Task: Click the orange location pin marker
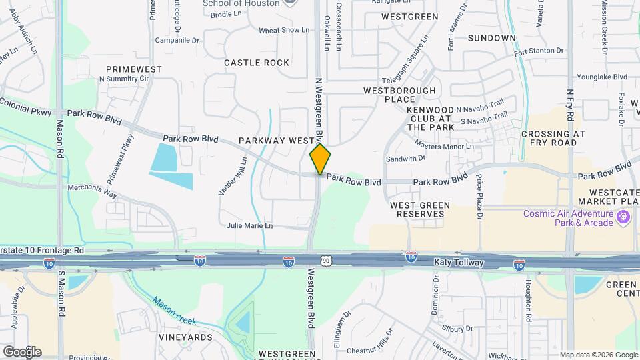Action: [320, 159]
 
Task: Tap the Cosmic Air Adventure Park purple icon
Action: [624, 216]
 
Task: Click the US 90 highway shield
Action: [325, 261]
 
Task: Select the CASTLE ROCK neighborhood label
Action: [257, 63]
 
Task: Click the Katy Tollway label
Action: [458, 263]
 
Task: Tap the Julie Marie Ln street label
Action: [250, 226]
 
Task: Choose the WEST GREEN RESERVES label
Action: [420, 209]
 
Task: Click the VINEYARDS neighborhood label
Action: [185, 337]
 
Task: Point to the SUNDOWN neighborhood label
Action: [491, 38]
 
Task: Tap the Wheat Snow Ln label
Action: [284, 31]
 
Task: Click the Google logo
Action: [22, 351]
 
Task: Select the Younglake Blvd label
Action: [602, 77]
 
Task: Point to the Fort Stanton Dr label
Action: [539, 51]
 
